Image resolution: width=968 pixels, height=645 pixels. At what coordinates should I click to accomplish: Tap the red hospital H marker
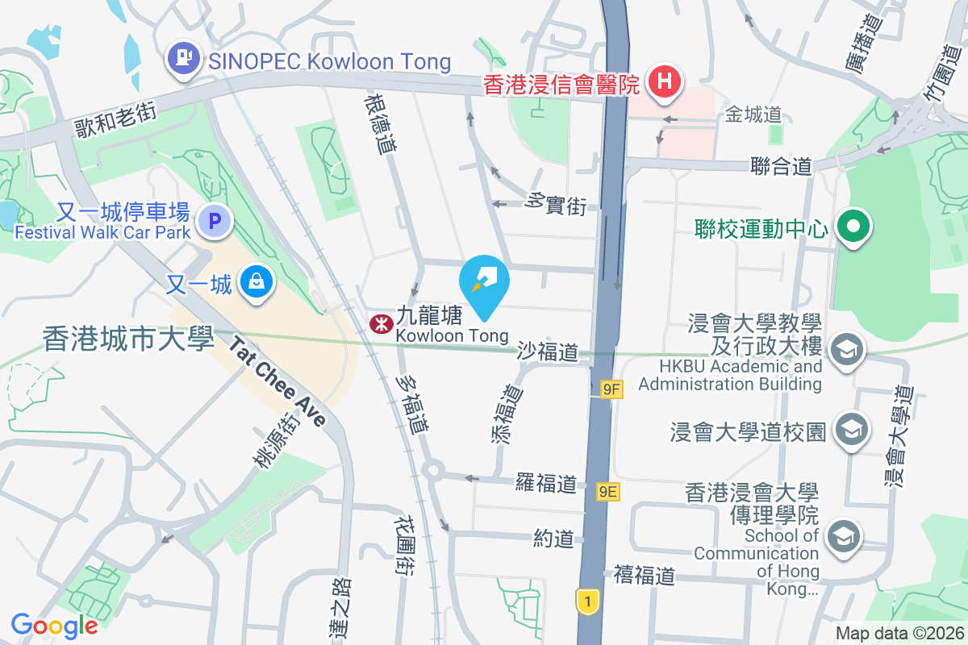click(665, 81)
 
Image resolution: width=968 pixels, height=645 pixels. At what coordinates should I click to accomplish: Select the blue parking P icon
click(215, 220)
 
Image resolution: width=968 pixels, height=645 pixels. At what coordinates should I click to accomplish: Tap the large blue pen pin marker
click(484, 281)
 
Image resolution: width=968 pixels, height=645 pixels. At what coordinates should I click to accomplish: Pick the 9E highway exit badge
click(608, 491)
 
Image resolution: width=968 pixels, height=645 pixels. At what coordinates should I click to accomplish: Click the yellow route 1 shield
click(588, 600)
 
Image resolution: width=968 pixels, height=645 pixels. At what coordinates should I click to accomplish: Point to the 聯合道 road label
click(780, 166)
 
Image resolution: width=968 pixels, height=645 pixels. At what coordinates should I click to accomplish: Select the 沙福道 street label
click(548, 352)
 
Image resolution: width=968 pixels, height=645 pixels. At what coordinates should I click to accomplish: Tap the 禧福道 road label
click(644, 576)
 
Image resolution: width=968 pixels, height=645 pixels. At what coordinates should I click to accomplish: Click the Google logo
click(54, 625)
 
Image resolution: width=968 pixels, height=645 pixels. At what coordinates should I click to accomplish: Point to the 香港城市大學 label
click(127, 338)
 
